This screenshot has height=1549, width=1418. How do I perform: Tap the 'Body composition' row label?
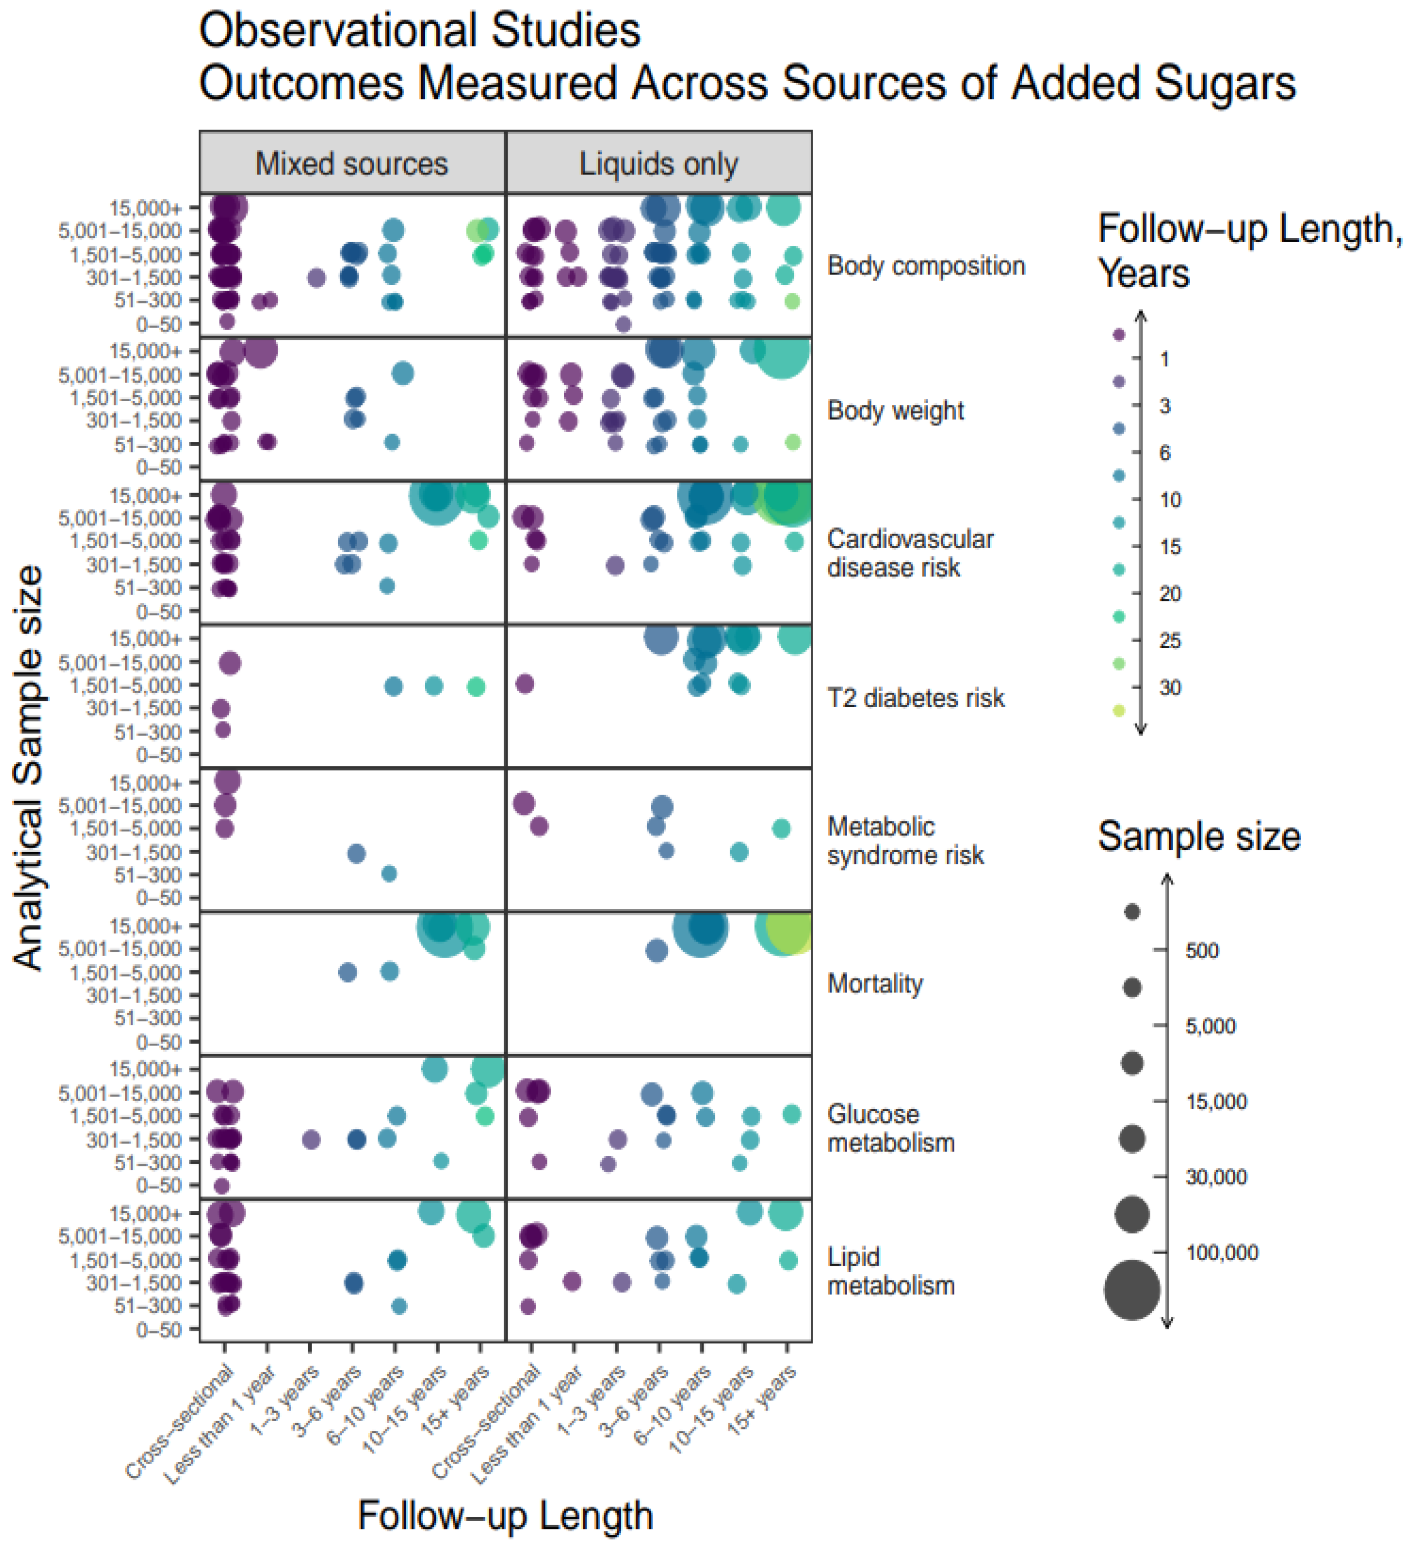coord(926,266)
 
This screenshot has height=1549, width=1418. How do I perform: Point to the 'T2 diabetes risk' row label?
coord(916,698)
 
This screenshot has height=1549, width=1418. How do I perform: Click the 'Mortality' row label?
coord(875,984)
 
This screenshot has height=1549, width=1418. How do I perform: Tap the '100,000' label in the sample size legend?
coord(1221,1253)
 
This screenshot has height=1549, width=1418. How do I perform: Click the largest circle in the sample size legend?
coord(1132,1290)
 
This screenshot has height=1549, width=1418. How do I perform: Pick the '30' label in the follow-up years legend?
coord(1169,688)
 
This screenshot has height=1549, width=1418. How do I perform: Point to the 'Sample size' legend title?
coord(1198,836)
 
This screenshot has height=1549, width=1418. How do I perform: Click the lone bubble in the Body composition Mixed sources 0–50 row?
coord(227,321)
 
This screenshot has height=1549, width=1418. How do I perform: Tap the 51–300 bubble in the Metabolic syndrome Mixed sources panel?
coord(389,874)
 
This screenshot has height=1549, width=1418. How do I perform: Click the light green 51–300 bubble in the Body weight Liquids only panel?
coord(792,442)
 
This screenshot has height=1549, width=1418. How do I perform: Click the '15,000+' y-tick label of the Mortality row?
coord(145,926)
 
